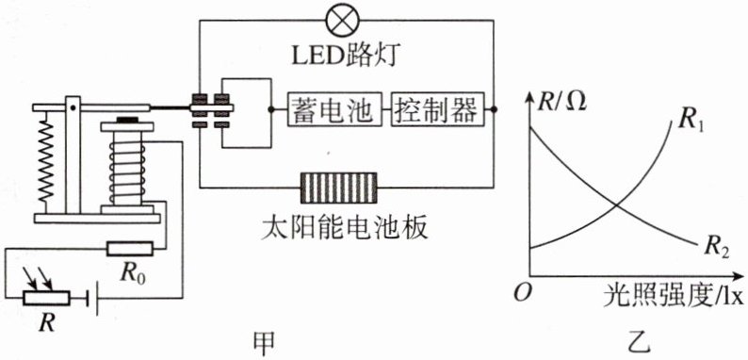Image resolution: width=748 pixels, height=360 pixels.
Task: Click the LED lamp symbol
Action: [x=342, y=20]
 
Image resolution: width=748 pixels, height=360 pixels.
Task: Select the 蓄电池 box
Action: [x=334, y=110]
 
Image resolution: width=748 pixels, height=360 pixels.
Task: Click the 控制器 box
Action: [x=435, y=110]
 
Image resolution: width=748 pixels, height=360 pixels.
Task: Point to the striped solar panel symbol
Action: [x=338, y=188]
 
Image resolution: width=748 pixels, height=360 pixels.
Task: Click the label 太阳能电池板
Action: [x=344, y=229]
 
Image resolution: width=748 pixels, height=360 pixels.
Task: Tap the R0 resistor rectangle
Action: [x=130, y=248]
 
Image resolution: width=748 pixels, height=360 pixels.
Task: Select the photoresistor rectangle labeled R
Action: [x=46, y=299]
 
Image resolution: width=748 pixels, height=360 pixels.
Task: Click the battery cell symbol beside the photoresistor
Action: [x=92, y=300]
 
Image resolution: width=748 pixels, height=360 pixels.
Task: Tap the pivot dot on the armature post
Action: [x=73, y=107]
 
